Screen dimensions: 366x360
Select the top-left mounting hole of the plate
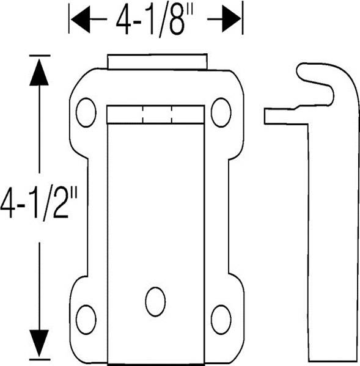coord(86,112)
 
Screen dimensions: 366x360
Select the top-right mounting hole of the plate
coord(221,112)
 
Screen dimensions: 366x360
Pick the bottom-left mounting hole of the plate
coord(86,319)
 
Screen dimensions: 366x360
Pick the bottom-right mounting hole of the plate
coord(221,319)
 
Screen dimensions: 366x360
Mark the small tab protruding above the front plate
coord(157,62)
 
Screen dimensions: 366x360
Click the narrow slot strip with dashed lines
coord(155,114)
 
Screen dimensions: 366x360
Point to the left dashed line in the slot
coord(142,114)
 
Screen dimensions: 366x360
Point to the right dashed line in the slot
coord(172,114)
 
